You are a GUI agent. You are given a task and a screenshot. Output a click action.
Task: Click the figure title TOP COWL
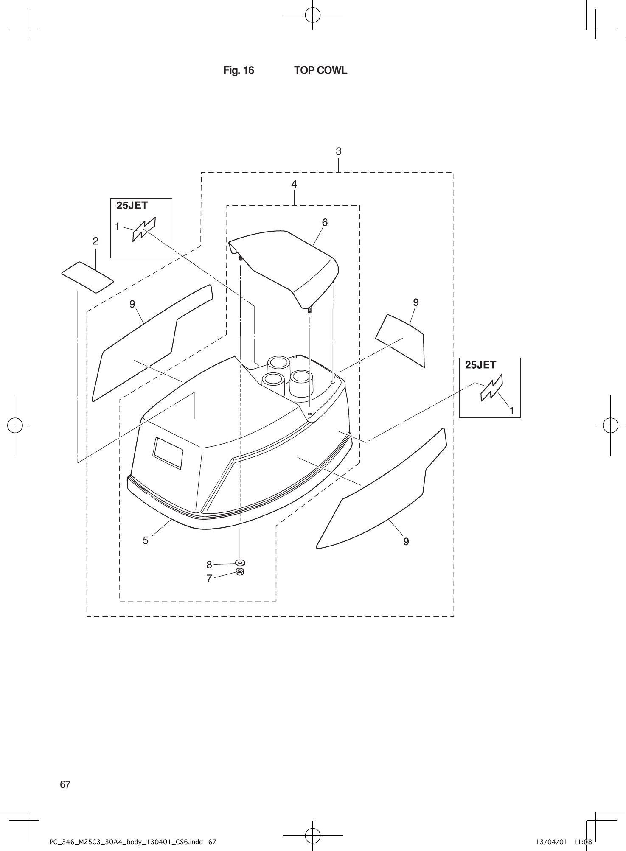[320, 70]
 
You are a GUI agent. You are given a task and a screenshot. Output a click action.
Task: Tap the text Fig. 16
[239, 70]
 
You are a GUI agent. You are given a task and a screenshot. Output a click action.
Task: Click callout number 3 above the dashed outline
[338, 151]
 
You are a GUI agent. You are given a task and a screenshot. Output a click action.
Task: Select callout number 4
[294, 184]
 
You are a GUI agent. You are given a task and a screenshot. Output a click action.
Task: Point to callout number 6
[325, 222]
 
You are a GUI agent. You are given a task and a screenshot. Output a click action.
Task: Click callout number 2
[95, 241]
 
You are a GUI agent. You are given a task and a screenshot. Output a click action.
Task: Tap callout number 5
[146, 541]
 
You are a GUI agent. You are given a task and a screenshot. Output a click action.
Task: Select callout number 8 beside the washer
[209, 565]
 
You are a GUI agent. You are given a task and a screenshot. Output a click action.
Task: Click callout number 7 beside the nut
[209, 578]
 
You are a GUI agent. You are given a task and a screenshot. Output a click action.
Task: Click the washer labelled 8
[240, 563]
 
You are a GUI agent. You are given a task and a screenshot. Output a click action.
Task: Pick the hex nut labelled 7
[240, 572]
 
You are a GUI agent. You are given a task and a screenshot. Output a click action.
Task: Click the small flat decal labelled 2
[87, 277]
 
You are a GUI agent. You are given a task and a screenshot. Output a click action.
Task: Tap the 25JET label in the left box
[132, 206]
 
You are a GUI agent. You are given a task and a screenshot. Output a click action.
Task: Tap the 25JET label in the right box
[480, 365]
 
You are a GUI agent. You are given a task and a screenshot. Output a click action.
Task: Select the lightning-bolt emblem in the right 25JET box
[491, 388]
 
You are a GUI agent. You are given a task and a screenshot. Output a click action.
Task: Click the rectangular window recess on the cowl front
[168, 453]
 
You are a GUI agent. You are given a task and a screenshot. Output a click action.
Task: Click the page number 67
[65, 784]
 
